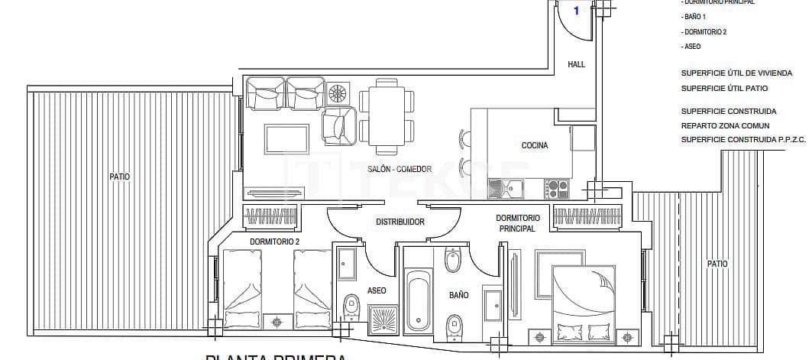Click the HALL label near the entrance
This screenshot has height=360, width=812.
[576, 65]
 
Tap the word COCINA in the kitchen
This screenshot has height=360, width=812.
[535, 146]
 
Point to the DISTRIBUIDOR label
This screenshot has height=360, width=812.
[400, 222]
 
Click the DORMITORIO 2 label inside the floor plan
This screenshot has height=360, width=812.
[275, 242]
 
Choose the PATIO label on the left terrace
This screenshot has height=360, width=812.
[120, 177]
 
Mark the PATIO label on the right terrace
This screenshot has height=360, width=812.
[717, 264]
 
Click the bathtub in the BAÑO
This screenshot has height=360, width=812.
[417, 300]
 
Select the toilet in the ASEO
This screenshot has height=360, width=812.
[351, 307]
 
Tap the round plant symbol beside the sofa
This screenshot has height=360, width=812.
[337, 94]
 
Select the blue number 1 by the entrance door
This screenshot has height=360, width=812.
[577, 11]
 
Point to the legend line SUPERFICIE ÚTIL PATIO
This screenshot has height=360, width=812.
[724, 88]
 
